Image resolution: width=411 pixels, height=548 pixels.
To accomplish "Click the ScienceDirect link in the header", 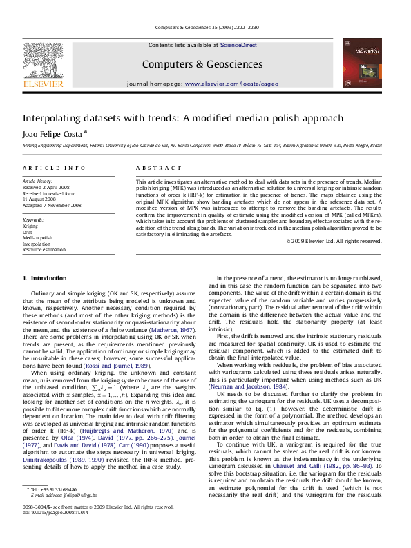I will tap(238, 45).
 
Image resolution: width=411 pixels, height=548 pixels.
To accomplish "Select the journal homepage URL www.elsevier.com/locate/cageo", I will tap(231, 84).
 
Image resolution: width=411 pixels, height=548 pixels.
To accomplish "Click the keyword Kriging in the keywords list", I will tap(30, 226).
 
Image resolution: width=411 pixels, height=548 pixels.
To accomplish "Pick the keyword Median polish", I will tap(37, 237).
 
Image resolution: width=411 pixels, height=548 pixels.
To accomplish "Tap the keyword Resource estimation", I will tap(44, 249).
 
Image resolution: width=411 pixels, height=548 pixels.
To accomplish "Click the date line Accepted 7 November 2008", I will tap(52, 206).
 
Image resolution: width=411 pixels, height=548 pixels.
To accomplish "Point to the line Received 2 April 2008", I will tap(46, 187).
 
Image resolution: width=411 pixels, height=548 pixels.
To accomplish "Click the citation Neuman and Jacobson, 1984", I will tap(247, 386).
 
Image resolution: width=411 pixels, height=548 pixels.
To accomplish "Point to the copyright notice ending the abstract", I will tap(334, 241).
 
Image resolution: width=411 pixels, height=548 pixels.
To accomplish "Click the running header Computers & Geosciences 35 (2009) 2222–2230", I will tap(205, 27).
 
